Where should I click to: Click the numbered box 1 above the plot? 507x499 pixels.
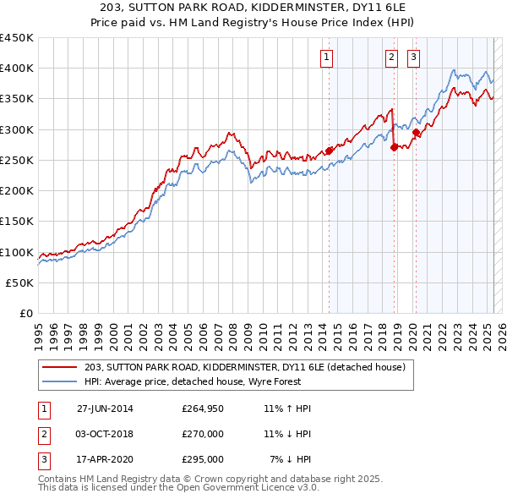coord(326,58)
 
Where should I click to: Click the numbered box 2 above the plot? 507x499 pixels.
coord(392,58)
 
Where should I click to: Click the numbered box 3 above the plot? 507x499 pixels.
coord(414,58)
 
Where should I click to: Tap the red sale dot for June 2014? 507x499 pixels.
coord(330,151)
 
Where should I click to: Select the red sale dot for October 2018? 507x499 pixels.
coord(395,148)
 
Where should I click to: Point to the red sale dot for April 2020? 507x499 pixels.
coord(417,133)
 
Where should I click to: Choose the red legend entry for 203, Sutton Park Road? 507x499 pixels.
coord(245,367)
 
